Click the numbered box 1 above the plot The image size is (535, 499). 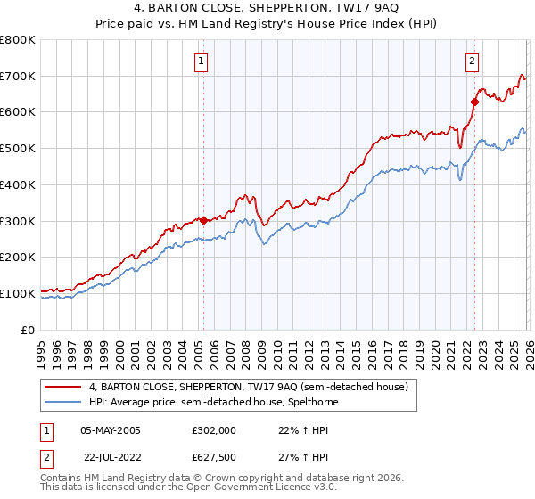(x=202, y=61)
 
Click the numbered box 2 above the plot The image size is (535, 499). (x=472, y=61)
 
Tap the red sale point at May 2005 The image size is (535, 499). (x=203, y=219)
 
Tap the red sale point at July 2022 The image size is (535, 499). (x=474, y=102)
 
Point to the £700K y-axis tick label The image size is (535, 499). (x=18, y=76)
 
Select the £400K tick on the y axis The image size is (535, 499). (x=18, y=184)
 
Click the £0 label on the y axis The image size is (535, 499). (x=29, y=330)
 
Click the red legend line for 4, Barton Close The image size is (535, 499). (x=64, y=387)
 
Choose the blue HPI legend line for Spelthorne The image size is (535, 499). (x=64, y=402)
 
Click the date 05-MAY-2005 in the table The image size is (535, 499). (x=110, y=429)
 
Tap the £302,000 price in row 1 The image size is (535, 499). (x=213, y=429)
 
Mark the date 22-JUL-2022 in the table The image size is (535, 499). (x=110, y=458)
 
